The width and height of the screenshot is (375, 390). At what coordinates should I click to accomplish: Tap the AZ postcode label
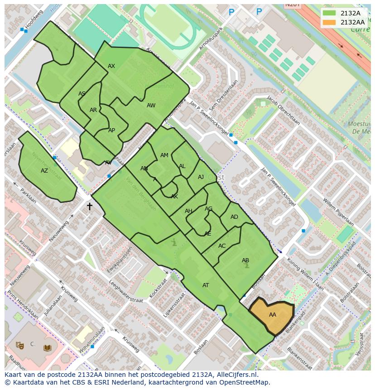[x=44, y=171]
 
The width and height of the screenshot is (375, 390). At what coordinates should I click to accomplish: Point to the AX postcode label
[x=111, y=66]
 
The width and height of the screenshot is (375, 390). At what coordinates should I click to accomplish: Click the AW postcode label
[x=151, y=106]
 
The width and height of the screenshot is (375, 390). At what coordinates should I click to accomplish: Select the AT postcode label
[x=206, y=285]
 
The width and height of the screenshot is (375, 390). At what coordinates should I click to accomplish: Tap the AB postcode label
[x=245, y=260]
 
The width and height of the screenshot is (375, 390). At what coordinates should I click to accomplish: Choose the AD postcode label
[x=234, y=217]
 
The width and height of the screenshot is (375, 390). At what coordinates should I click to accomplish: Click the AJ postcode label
[x=201, y=177]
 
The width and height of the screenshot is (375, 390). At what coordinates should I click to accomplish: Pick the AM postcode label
[x=164, y=155]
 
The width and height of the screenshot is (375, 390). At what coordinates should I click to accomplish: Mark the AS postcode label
[x=82, y=94]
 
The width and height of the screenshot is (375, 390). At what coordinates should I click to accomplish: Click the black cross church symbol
[x=90, y=207]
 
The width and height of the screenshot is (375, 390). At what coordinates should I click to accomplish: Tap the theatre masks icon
[x=19, y=345]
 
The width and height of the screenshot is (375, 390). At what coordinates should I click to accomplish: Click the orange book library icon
[x=47, y=348]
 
